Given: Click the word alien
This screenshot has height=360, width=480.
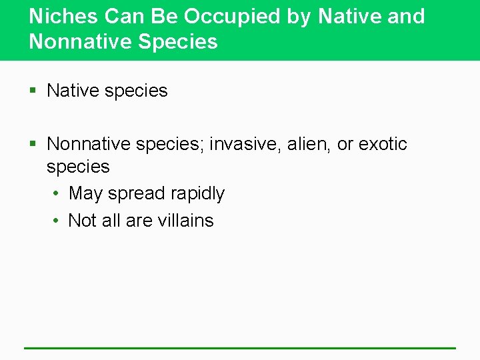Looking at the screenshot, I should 309,144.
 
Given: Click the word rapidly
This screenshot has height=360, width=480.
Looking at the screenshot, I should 197,194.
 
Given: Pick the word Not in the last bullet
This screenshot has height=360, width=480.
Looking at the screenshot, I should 83,221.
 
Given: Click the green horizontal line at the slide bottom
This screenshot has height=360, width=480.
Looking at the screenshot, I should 240,347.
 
